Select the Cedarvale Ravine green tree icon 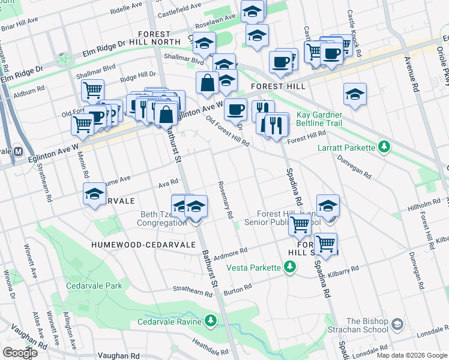[x=210, y=321]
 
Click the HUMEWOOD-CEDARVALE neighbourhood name [x=130, y=244]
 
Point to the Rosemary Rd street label [x=225, y=200]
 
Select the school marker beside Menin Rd [x=94, y=194]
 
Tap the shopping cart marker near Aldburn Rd [x=92, y=90]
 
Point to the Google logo [x=20, y=353]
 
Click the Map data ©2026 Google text [x=411, y=355]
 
